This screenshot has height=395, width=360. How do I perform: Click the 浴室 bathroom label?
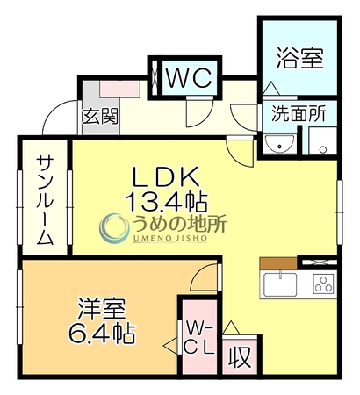(300, 59)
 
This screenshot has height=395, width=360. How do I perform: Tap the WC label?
(189, 78)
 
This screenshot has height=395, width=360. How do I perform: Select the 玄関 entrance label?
(100, 116)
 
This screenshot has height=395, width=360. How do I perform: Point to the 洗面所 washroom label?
(299, 113)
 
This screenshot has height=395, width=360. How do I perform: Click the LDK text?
(166, 177)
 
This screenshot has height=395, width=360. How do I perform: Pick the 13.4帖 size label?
(166, 202)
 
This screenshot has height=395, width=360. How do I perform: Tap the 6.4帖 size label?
(102, 334)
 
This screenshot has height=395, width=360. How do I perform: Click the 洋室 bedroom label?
(102, 309)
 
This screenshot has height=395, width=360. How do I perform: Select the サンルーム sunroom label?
(45, 201)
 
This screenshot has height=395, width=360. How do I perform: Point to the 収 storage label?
(240, 357)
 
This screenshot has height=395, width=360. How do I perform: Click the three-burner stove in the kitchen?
(324, 284)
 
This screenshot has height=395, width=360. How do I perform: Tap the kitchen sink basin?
(280, 284)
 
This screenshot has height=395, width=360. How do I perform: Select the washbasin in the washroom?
(279, 144)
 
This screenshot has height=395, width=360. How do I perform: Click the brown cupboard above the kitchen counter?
(278, 263)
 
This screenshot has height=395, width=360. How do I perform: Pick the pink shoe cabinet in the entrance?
(119, 89)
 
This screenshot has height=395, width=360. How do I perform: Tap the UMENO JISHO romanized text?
(170, 238)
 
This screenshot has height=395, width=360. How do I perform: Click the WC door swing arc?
(205, 117)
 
